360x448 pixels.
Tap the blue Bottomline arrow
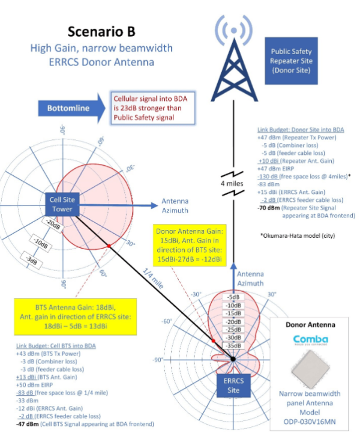point(68,108)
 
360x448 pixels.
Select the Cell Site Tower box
point(62,203)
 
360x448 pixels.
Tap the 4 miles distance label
point(233,182)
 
